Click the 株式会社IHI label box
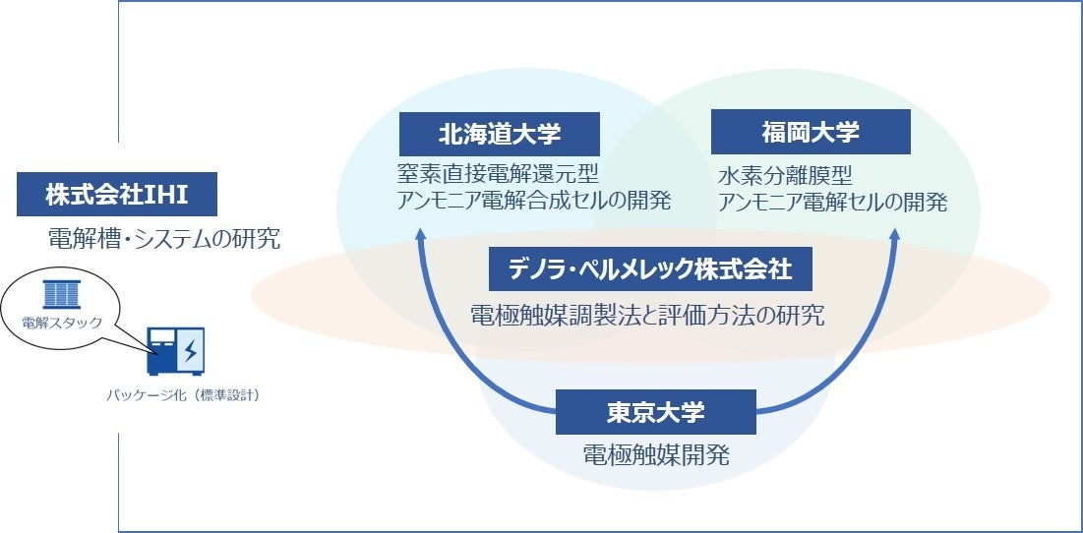click(x=116, y=195)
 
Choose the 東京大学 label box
click(x=655, y=412)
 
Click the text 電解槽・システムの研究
click(x=164, y=239)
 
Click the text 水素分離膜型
click(x=784, y=176)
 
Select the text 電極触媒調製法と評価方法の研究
click(x=646, y=316)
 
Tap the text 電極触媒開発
click(x=655, y=455)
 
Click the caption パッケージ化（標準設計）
click(x=183, y=396)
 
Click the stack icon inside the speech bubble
click(x=63, y=292)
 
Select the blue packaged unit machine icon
click(x=175, y=351)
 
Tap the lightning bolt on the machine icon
click(x=190, y=350)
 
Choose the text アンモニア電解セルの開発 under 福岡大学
click(x=832, y=203)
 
